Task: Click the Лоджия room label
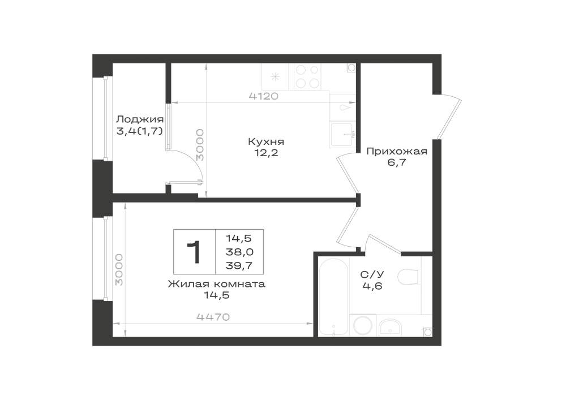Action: (x=140, y=119)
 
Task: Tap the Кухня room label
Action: (x=266, y=141)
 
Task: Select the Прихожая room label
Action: (x=397, y=151)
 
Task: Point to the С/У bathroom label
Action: (x=372, y=275)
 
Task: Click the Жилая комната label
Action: (x=217, y=284)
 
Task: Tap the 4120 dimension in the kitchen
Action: (x=264, y=96)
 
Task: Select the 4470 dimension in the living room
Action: (x=213, y=317)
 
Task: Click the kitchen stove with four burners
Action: (x=307, y=77)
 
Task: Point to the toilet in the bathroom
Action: (x=409, y=277)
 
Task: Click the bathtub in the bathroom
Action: (x=334, y=296)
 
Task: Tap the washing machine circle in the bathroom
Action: (x=362, y=325)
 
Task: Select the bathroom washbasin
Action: (x=390, y=327)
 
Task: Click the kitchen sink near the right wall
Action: (x=341, y=135)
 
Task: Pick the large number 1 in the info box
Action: (x=194, y=252)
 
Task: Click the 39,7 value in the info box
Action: (x=239, y=266)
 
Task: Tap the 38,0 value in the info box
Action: (x=239, y=252)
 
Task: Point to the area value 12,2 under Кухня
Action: (x=267, y=153)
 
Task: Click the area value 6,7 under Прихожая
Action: (x=397, y=162)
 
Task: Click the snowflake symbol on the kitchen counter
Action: (x=276, y=76)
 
